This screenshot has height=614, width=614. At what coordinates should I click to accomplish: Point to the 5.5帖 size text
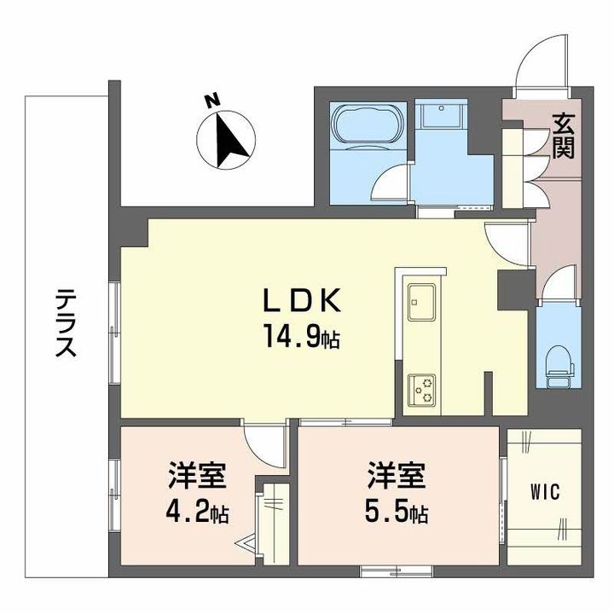pos(397,513)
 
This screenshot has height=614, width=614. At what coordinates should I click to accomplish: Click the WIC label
pos(544,492)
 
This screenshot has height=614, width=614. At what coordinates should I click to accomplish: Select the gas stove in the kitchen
pos(420,390)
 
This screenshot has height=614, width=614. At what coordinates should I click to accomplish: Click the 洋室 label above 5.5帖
pos(397,475)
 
